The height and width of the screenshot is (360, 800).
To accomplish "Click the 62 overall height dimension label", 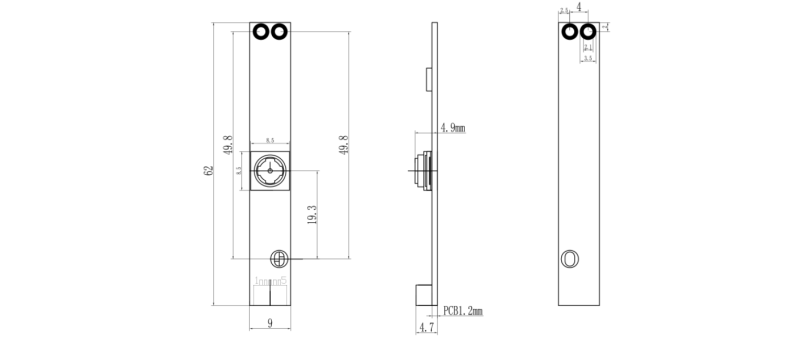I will click(208, 171).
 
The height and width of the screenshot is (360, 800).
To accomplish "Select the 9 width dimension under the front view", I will click(270, 323).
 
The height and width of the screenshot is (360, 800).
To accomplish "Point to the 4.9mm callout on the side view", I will click(453, 128).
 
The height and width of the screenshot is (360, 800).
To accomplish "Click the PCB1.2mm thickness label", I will click(461, 311).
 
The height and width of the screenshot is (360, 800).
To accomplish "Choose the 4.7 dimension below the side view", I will click(426, 327).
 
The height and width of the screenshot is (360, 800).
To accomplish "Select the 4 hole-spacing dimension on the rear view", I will click(579, 7).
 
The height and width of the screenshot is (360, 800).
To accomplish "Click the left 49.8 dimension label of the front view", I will click(229, 146).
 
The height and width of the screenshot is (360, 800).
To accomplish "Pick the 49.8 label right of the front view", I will click(344, 146).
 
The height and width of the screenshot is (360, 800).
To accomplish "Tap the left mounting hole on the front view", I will click(262, 32).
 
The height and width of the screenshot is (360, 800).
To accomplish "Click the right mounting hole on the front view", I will click(279, 32).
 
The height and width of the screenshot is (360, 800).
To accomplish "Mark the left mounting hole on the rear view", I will click(570, 32).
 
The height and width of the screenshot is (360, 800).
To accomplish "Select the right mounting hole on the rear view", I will click(587, 32).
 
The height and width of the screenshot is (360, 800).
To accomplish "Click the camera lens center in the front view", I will click(270, 171).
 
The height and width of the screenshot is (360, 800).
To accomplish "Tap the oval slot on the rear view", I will click(570, 259).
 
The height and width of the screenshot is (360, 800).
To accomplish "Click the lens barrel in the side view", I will click(421, 170).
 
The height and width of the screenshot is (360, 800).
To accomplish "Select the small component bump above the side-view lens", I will click(429, 77).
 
